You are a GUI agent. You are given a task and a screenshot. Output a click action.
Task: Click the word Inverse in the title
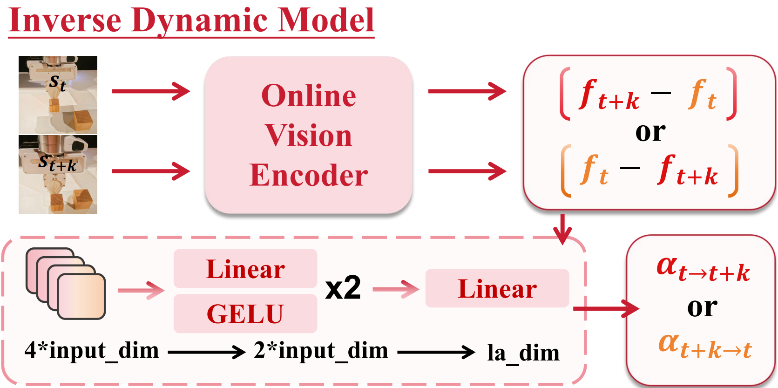65,20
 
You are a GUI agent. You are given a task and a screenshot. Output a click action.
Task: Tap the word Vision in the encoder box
308,136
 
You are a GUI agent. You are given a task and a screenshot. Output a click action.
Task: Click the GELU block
245,313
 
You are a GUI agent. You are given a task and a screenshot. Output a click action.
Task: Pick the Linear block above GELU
245,269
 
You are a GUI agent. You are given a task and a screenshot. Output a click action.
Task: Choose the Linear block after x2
497,288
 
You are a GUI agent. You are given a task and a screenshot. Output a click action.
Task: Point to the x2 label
343,288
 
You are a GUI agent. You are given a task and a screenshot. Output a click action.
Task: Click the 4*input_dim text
92,350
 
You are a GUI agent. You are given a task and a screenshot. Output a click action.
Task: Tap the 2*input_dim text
321,350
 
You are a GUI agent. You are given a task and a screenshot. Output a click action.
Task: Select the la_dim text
523,353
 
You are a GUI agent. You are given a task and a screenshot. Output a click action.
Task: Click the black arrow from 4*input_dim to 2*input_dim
206,352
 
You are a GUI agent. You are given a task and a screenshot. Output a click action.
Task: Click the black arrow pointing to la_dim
436,352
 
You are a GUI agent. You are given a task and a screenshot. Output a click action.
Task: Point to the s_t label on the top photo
58,83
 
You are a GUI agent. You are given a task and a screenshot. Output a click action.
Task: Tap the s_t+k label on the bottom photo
57,163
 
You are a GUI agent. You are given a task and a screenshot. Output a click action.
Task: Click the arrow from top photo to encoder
151,91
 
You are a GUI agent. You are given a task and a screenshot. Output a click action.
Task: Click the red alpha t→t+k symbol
703,269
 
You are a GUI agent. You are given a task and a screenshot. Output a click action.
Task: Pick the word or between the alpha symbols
702,307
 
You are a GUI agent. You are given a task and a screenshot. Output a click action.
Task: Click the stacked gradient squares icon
66,284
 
